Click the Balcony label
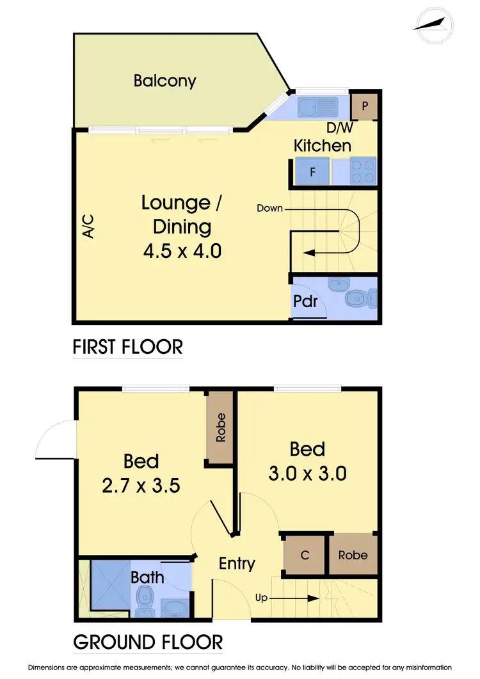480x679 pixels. [x=164, y=81]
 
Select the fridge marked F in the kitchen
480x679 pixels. [x=312, y=172]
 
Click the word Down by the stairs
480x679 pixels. [x=269, y=209]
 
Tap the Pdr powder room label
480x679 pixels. [x=306, y=301]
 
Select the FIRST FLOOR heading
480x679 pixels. [x=127, y=347]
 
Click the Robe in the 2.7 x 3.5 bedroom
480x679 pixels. [x=221, y=428]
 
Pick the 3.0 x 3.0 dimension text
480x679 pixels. [x=308, y=474]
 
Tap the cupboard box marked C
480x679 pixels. [x=305, y=554]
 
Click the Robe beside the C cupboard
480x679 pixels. [x=353, y=554]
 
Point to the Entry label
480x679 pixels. [x=237, y=563]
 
